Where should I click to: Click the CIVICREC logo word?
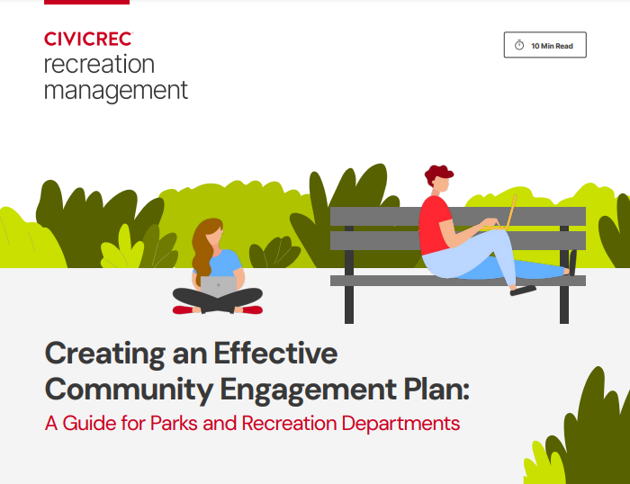coord(88,39)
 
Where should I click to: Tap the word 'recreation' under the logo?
coord(99,65)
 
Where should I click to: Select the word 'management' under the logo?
coord(116,90)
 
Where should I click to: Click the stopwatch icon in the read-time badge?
coord(519,45)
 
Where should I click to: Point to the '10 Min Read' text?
coord(552,45)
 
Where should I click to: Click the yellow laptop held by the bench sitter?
coord(510,214)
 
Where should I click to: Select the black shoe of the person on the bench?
coord(523,290)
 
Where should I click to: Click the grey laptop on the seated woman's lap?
coord(218,286)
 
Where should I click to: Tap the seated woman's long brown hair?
coord(202,247)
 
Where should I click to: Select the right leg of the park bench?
coord(564,301)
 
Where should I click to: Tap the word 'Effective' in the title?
coord(275,353)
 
